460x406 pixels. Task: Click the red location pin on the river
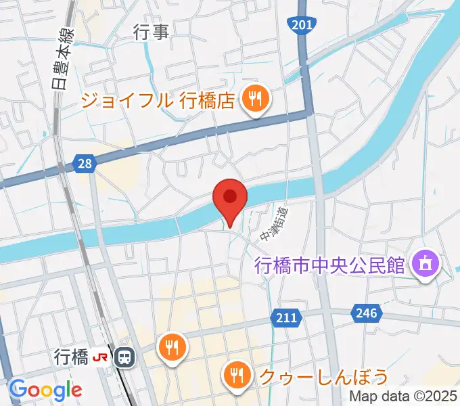point(230,198)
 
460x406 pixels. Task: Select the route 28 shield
point(84,163)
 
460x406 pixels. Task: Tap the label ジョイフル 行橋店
point(158,101)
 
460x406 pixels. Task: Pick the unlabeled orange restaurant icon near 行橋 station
point(172,348)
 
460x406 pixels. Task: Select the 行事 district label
point(151,32)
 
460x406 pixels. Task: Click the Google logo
point(45,390)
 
